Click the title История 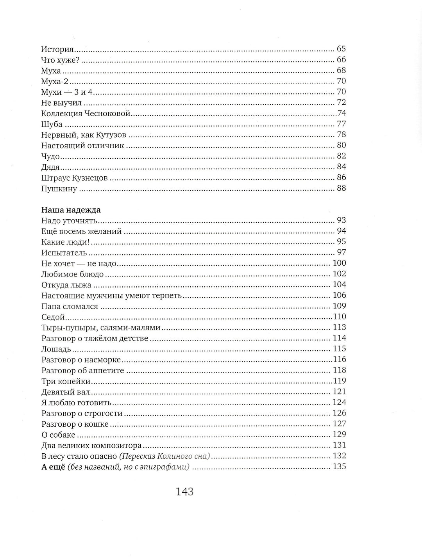(57, 49)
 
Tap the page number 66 (341, 60)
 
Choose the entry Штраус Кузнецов (74, 178)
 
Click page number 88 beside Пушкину (341, 188)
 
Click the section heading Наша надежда (71, 210)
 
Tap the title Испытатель (63, 252)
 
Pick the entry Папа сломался (70, 306)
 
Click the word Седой (53, 317)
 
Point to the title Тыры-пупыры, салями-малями (101, 327)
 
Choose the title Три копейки (66, 381)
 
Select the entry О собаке (58, 435)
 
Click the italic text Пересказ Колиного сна (165, 456)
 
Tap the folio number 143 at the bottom (185, 492)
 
